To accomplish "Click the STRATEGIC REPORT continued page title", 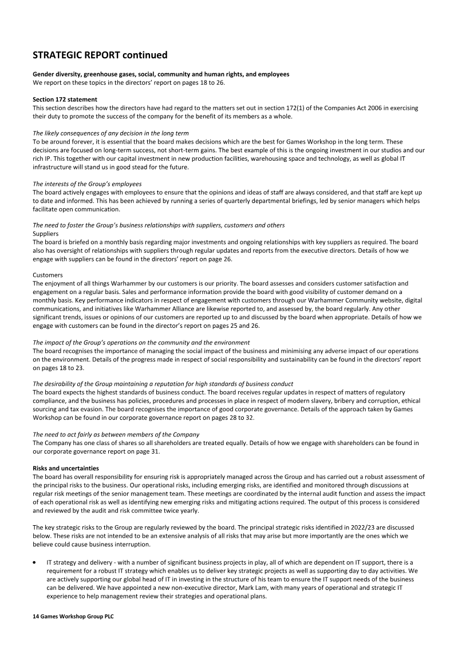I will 100,55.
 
